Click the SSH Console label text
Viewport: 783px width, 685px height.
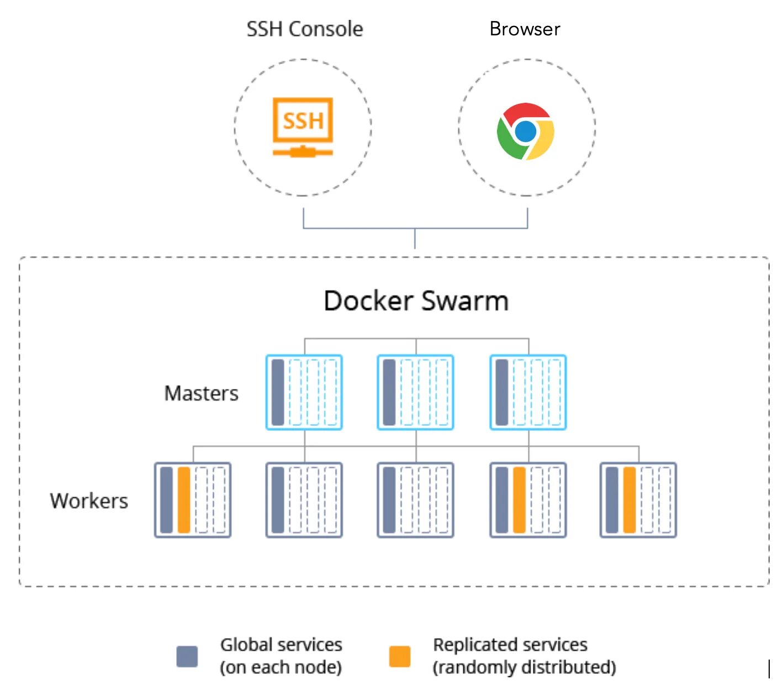(304, 29)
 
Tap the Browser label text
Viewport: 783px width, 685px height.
(525, 29)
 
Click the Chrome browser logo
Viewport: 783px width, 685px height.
(525, 131)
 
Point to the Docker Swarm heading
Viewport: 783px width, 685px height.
(416, 301)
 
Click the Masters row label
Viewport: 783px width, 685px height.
(201, 393)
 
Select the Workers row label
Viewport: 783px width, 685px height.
(89, 501)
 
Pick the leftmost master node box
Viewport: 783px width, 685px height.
(304, 392)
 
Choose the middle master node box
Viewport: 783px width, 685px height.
(415, 392)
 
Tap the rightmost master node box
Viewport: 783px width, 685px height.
(528, 392)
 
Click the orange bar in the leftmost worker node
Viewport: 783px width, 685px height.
(184, 500)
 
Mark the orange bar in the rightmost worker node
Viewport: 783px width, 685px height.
(629, 500)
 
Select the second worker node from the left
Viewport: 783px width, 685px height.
(304, 500)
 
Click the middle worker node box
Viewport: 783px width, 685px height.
(415, 500)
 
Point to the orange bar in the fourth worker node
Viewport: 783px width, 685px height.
(519, 500)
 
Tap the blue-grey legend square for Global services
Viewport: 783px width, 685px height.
(187, 656)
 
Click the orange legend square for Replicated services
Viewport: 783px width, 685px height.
(400, 656)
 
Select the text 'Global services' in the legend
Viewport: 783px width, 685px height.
(281, 645)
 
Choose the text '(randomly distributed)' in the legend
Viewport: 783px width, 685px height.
(524, 667)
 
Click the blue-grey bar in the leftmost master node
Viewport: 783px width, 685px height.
(278, 392)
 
